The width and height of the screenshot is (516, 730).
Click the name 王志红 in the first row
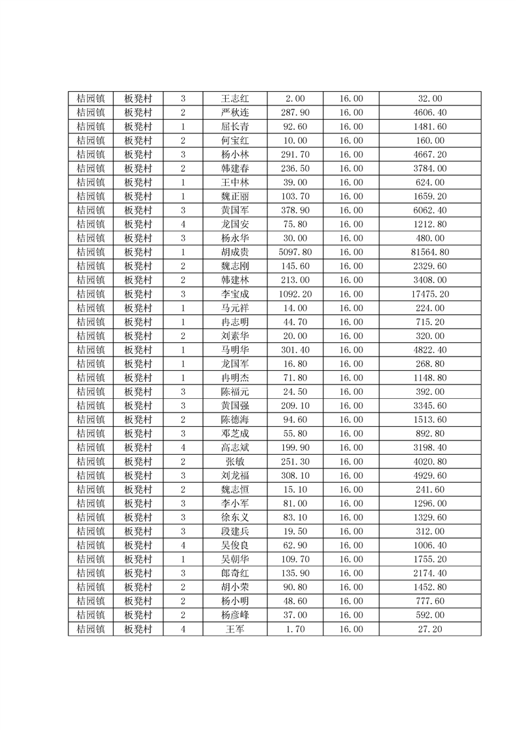[x=235, y=99]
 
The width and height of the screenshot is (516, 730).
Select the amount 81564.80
[x=430, y=252]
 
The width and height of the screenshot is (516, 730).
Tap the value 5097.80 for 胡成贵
[x=295, y=252]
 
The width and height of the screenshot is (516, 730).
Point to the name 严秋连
[x=235, y=113]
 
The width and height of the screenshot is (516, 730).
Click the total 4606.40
[x=430, y=113]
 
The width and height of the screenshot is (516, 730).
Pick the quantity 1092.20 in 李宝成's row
[x=295, y=294]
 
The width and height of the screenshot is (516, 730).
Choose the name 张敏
[x=235, y=461]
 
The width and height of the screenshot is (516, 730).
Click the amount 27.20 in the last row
[x=430, y=629]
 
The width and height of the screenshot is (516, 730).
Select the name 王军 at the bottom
[x=235, y=629]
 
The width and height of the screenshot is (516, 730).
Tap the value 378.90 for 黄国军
[x=295, y=210]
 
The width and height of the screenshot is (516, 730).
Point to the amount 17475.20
[x=430, y=294]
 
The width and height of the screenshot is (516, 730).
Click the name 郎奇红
[x=235, y=573]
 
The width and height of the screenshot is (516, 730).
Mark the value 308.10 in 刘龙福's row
[x=295, y=476]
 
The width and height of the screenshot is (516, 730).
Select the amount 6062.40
[x=430, y=210]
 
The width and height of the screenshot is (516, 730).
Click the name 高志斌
[x=235, y=448]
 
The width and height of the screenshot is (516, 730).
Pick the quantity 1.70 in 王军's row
[x=295, y=629]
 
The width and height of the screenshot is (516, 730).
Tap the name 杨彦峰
[x=235, y=615]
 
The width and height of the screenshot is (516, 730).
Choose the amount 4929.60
[x=430, y=476]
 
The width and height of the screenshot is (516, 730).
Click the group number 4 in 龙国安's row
[x=183, y=224]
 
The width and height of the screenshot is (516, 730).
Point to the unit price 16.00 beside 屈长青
[x=351, y=127]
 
